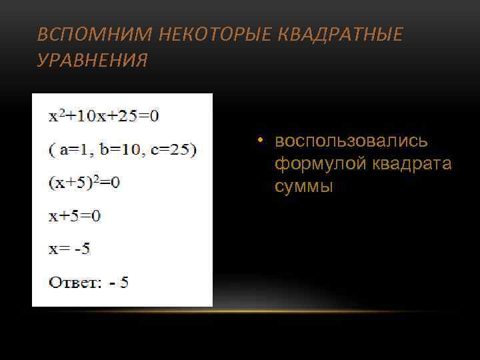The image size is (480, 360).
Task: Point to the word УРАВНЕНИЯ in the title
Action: point(93,61)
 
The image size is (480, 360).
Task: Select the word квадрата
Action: point(412,165)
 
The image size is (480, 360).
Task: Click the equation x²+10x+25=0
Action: point(103,116)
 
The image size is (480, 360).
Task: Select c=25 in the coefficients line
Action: point(172,149)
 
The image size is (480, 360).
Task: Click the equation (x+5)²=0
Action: point(84,182)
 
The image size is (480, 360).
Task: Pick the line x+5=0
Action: point(74,216)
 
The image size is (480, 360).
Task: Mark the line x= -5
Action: point(69,249)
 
